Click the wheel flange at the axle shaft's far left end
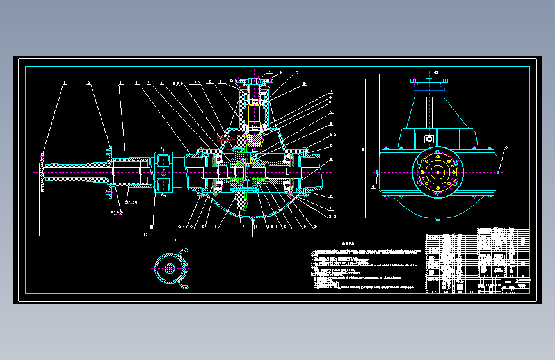coord(42,172)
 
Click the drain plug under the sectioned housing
coord(255,218)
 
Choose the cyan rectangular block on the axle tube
coord(163,171)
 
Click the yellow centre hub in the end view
coord(437,172)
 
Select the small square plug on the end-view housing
coord(428,138)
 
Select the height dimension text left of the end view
coord(363,149)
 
